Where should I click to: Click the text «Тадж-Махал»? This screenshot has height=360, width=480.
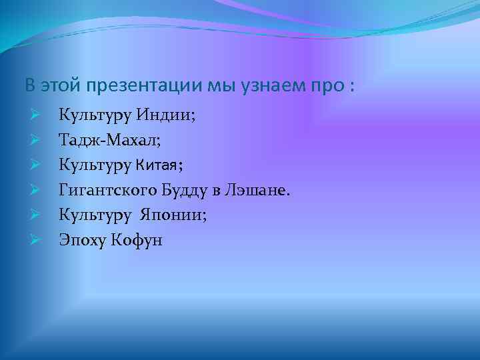point(109,141)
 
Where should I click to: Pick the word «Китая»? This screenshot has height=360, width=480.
point(156,165)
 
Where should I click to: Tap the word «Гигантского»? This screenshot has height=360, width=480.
point(107,191)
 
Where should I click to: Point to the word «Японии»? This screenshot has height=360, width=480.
point(175,215)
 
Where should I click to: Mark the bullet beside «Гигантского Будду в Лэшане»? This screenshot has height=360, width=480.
point(36,190)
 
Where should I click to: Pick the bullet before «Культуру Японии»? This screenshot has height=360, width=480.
point(36,215)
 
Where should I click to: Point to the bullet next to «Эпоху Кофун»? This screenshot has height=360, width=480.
point(36,239)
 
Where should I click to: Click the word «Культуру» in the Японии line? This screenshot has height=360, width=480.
point(95,215)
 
